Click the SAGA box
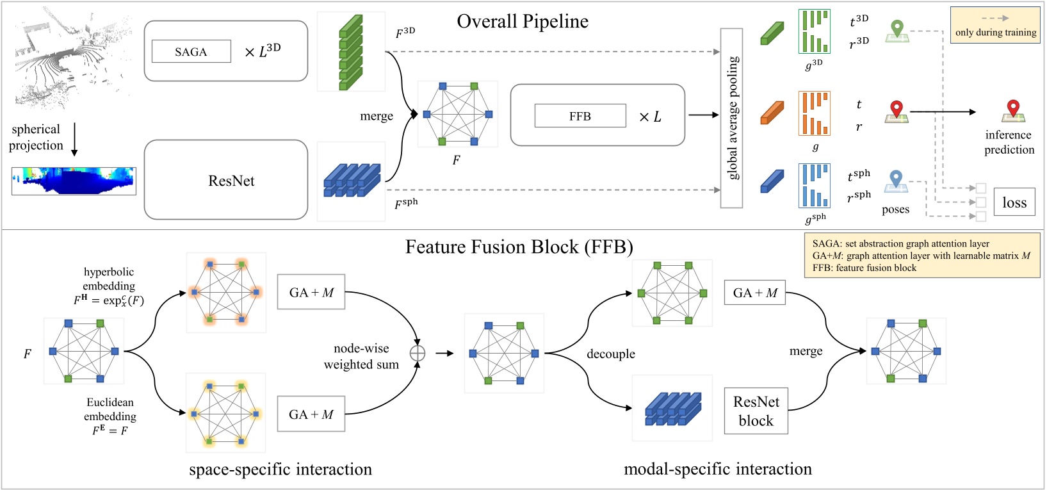pyautogui.click(x=191, y=52)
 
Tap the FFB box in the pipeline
pyautogui.click(x=580, y=116)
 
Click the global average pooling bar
pyautogui.click(x=731, y=118)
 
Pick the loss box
pyautogui.click(x=1014, y=202)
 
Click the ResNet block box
pyautogui.click(x=756, y=411)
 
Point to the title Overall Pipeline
pyautogui.click(x=523, y=21)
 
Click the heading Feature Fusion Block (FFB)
pyautogui.click(x=519, y=247)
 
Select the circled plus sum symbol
pyautogui.click(x=418, y=353)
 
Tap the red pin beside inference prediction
pyautogui.click(x=1012, y=110)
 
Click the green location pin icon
pyautogui.click(x=897, y=30)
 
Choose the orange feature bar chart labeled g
pyautogui.click(x=814, y=113)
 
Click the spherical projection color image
pyautogui.click(x=74, y=181)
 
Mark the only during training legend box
pyautogui.click(x=995, y=25)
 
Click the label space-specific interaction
pyautogui.click(x=280, y=470)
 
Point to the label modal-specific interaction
pyautogui.click(x=717, y=469)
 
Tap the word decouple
pyautogui.click(x=611, y=354)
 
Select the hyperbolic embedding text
pyautogui.click(x=109, y=279)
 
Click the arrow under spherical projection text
pyautogui.click(x=74, y=139)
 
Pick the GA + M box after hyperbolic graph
pyautogui.click(x=311, y=292)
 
